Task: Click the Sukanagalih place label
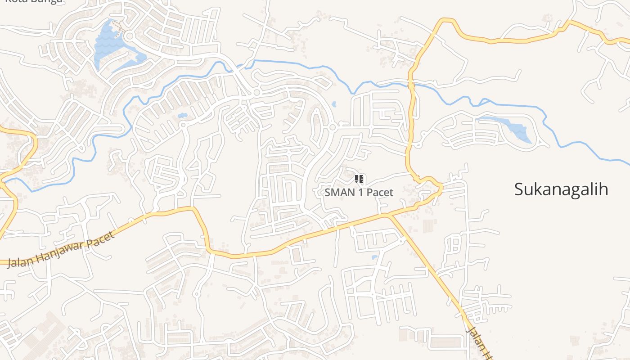561,189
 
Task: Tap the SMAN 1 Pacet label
359,193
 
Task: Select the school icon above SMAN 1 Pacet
359,179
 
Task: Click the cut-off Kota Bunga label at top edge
34,2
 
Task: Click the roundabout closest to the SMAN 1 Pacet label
333,128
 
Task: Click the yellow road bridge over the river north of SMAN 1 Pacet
411,84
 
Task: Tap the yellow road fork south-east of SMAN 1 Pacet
388,216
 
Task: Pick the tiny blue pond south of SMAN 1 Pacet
375,257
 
